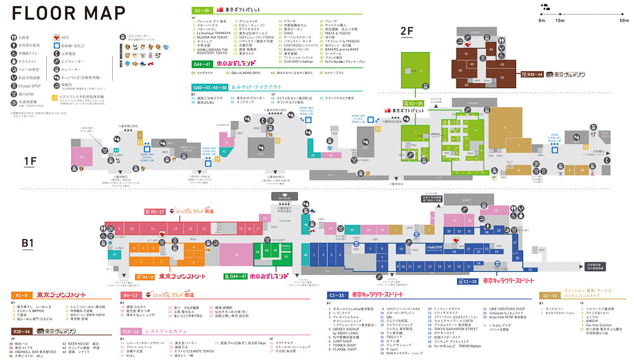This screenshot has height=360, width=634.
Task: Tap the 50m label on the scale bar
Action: pos(624,21)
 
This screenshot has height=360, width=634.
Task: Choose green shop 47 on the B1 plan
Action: pos(286,257)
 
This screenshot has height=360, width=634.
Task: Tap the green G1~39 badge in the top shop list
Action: pos(202,10)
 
